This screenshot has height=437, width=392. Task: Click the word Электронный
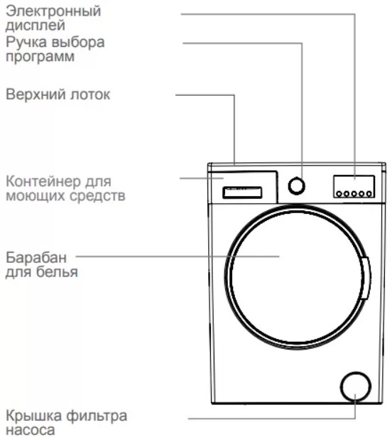click(53, 11)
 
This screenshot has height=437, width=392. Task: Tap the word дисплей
click(36, 26)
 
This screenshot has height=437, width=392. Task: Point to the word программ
click(40, 57)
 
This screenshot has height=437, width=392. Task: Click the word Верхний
click(36, 95)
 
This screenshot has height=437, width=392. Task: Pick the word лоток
click(90, 95)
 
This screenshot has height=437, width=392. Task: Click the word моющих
click(36, 195)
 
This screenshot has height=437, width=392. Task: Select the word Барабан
click(36, 257)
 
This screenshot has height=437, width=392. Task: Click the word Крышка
click(33, 416)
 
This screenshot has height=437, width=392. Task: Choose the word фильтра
click(97, 416)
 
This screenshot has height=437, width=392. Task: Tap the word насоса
click(31, 429)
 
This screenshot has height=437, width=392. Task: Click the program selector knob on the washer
click(296, 186)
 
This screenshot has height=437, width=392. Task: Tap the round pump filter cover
click(356, 387)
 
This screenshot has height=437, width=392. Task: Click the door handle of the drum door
click(366, 278)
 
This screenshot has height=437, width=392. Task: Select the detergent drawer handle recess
click(242, 193)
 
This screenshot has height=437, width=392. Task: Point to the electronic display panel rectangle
click(354, 186)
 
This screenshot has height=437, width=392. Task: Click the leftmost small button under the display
click(339, 193)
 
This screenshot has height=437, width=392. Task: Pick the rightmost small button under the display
click(369, 193)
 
